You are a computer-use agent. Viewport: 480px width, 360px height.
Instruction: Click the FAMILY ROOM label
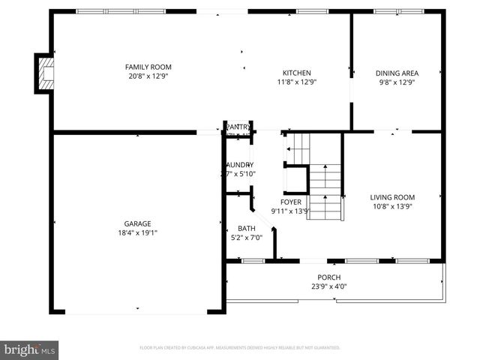pos(148,67)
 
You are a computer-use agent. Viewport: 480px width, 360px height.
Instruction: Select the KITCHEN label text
pos(296,73)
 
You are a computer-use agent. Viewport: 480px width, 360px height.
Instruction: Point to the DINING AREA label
pos(397,73)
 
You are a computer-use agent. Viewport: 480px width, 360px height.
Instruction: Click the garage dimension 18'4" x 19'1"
pos(138,232)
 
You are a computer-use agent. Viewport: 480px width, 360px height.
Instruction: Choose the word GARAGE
pos(138,223)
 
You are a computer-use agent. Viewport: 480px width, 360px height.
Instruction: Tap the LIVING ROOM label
pos(392,197)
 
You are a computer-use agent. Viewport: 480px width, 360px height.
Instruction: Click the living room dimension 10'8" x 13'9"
pos(392,206)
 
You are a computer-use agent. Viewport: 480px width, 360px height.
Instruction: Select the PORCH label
pos(328,277)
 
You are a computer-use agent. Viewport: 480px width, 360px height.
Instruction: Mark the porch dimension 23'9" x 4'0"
pos(328,286)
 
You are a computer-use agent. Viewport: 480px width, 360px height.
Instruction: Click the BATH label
pos(247,229)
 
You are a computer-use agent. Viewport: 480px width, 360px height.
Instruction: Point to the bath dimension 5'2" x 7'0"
pos(247,238)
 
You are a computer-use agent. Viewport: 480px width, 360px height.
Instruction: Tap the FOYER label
pos(291,202)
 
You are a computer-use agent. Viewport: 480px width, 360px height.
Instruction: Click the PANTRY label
pos(238,127)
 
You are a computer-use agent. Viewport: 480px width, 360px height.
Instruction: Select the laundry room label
pos(241,164)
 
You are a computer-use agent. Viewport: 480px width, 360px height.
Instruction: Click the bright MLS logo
pos(30,349)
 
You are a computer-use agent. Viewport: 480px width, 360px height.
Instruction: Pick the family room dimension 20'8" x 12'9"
pos(148,76)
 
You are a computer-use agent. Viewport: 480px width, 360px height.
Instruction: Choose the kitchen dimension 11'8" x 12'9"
pos(296,82)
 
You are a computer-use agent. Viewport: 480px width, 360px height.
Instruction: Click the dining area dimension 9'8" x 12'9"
pos(397,82)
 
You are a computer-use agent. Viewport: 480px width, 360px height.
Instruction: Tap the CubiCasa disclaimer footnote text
pos(240,348)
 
